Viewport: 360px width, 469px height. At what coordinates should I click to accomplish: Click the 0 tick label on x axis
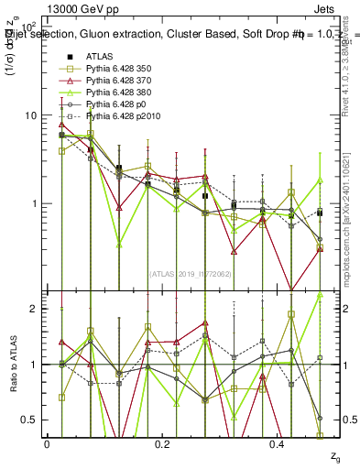click(x=48, y=443)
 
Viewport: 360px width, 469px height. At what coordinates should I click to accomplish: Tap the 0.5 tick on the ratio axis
click(x=29, y=420)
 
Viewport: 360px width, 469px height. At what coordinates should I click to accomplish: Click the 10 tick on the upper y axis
click(x=29, y=115)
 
